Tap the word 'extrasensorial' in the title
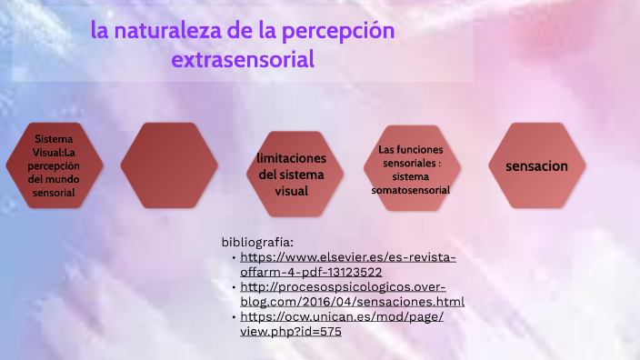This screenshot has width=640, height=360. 243,61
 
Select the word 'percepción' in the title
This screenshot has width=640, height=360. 344,31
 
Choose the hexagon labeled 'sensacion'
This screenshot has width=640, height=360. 536,166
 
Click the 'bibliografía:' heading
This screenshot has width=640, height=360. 257,242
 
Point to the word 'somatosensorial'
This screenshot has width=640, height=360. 411,190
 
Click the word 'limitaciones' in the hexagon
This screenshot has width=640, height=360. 291,158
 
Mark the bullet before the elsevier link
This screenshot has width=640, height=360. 234,257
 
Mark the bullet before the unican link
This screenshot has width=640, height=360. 234,317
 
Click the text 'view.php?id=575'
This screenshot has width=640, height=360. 291,332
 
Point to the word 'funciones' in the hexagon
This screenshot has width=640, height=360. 417,148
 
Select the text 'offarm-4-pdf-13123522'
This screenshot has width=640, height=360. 311,272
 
